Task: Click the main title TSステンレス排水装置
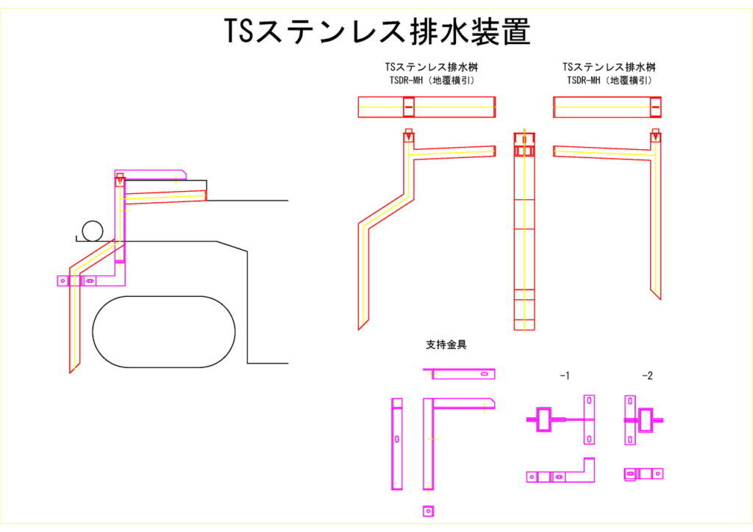pos(376,32)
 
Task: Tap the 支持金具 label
pos(446,344)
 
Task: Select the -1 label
pos(564,375)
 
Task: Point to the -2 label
pos(646,375)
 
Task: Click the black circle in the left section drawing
pos(93,231)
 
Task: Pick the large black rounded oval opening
pos(164,331)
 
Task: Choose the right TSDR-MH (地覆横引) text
pos(610,81)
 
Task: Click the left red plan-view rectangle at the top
pos(427,107)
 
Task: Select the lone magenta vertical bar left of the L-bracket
pos(397,444)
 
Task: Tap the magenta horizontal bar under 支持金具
pos(459,374)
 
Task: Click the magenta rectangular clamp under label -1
pos(545,420)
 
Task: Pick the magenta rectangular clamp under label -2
pos(646,420)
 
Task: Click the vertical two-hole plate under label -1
pos(589,419)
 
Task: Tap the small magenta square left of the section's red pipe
pos(63,280)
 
